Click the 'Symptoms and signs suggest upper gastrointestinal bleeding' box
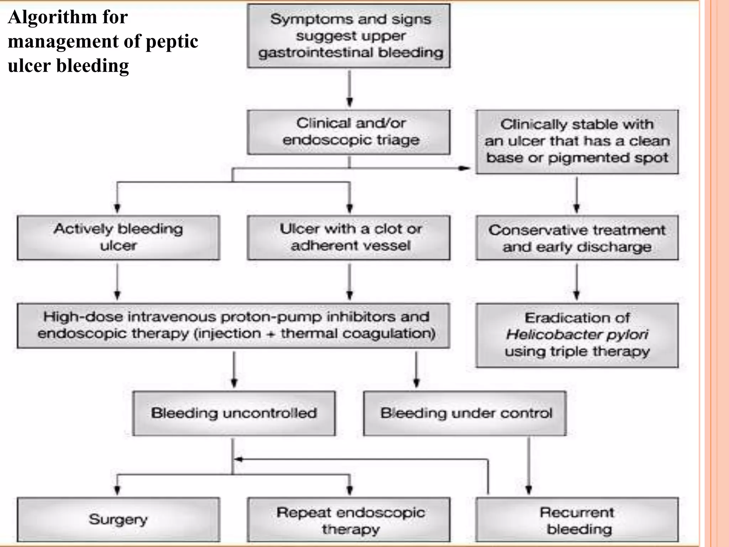tap(349, 36)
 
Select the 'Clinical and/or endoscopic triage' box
tap(349, 132)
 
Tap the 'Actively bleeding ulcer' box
tap(118, 237)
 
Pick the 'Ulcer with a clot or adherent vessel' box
tap(349, 237)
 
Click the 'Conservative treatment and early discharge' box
tap(577, 238)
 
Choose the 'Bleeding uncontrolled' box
tap(234, 413)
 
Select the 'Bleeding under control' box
tap(465, 413)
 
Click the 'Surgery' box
tap(118, 519)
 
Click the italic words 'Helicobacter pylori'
tap(577, 334)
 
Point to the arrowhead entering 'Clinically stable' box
tap(465, 168)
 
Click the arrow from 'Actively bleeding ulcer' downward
tap(118, 281)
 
